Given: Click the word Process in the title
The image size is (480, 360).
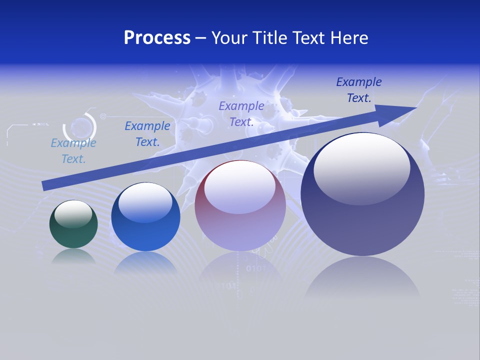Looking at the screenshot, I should point(157,38).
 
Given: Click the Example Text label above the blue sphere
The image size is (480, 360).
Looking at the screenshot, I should point(147,134).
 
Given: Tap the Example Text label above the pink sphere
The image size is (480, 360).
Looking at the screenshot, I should point(241,113).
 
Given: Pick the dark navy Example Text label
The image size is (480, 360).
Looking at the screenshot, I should point(359,90).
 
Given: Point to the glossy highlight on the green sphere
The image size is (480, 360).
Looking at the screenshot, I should point(73,213).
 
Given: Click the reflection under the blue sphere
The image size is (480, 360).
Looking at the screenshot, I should point(145,262).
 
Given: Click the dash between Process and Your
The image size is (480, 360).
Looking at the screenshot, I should point(201,38).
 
